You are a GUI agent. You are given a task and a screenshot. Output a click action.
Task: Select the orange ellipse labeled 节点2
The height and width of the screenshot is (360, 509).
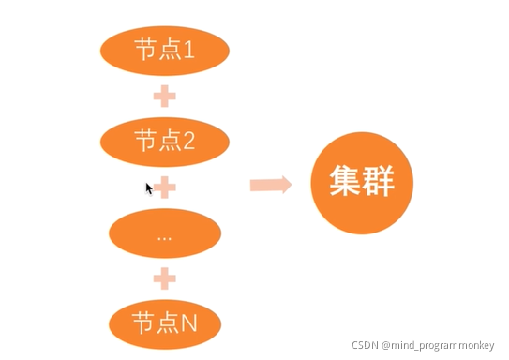164,141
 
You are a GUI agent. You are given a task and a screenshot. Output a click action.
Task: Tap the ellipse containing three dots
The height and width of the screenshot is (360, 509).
164,233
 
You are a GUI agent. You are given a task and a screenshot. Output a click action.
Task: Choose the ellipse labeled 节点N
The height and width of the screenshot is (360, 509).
164,323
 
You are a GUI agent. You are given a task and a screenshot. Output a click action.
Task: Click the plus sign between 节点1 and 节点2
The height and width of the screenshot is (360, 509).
164,95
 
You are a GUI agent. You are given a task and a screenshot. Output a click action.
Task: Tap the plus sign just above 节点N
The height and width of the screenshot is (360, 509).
164,278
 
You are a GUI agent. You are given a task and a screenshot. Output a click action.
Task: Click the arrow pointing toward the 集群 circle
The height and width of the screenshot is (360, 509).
270,185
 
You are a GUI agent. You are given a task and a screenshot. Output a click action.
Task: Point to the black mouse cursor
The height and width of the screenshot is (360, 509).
148,187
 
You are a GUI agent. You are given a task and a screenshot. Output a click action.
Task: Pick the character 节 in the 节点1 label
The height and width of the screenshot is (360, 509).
145,50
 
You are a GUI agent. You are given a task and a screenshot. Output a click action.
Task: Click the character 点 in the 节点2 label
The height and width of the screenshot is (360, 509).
168,141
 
